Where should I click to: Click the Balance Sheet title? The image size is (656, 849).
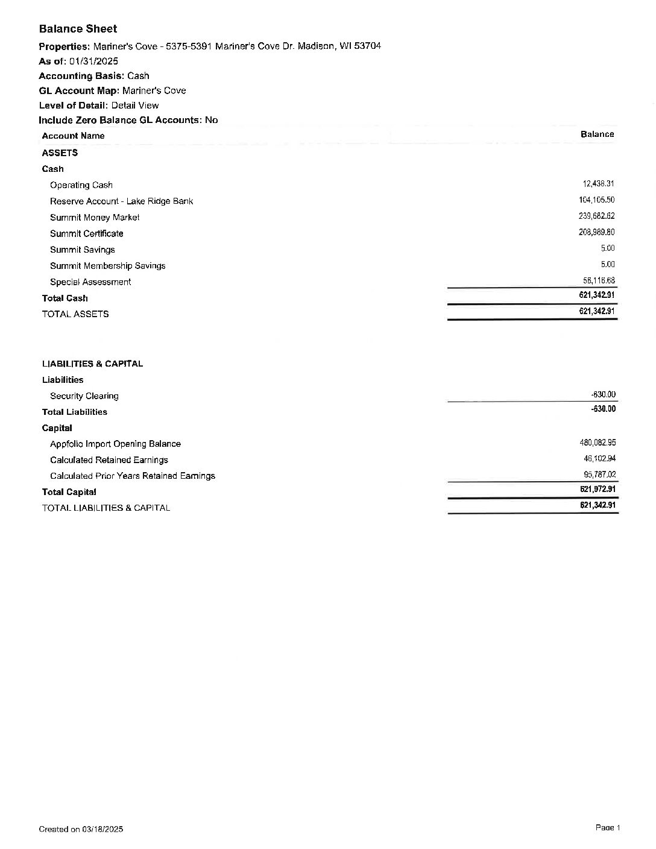[78, 29]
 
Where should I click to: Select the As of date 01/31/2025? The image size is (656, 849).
[93, 61]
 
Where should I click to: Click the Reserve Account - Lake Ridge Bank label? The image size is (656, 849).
[121, 201]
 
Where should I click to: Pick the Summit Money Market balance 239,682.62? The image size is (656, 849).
[596, 216]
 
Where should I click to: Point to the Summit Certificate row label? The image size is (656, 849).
[86, 233]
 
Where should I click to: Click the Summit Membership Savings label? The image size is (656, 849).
[107, 266]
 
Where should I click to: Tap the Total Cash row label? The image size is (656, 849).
[65, 298]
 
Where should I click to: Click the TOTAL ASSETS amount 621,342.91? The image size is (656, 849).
[596, 311]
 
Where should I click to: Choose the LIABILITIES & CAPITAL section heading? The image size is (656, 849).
[92, 364]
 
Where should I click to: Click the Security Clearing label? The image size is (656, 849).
[84, 396]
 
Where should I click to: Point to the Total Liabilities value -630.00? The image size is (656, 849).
[603, 409]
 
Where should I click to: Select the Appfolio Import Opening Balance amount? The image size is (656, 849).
[597, 443]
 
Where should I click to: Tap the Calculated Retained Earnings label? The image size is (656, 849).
[109, 460]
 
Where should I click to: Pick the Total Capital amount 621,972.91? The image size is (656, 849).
[598, 489]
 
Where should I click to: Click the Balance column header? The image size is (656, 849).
[597, 134]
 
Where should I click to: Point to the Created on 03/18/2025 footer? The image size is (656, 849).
[81, 829]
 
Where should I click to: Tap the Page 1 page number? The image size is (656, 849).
[607, 828]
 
